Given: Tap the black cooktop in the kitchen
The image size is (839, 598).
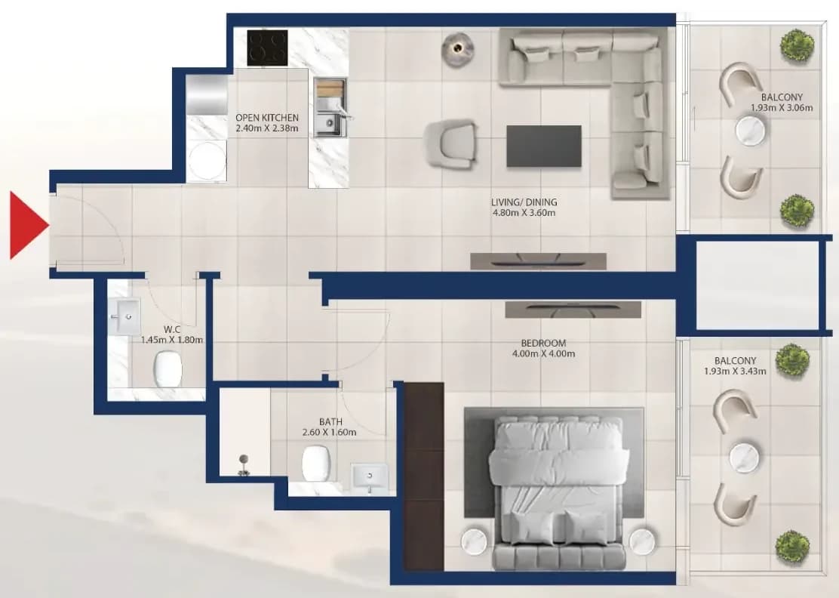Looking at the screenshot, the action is click(267, 48).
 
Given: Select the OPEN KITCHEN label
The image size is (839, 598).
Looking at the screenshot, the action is click(267, 118).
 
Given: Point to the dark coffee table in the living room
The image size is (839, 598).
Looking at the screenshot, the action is click(544, 146).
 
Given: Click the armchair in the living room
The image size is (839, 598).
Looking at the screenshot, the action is click(451, 144).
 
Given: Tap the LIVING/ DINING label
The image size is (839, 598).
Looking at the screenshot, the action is click(524, 202).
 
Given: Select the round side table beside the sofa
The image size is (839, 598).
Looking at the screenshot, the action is click(457, 50).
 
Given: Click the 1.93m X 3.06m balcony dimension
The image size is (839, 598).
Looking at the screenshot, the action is click(781, 108).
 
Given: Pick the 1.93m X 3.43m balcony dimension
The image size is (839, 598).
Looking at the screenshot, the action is click(735, 371).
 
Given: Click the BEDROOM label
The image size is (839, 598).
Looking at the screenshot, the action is click(543, 343).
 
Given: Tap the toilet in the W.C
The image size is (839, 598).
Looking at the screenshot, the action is click(167, 369).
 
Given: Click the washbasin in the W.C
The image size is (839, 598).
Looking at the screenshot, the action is click(125, 317).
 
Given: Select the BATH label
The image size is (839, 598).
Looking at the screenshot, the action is click(330, 422).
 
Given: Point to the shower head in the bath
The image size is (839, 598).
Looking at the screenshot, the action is click(244, 464).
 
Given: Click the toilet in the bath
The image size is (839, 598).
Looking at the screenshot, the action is click(316, 463).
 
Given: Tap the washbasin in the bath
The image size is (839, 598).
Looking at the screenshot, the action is click(370, 478).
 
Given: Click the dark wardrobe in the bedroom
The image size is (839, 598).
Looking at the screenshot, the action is click(423, 476).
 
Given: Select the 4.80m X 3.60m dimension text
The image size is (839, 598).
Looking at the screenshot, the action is click(524, 213).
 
